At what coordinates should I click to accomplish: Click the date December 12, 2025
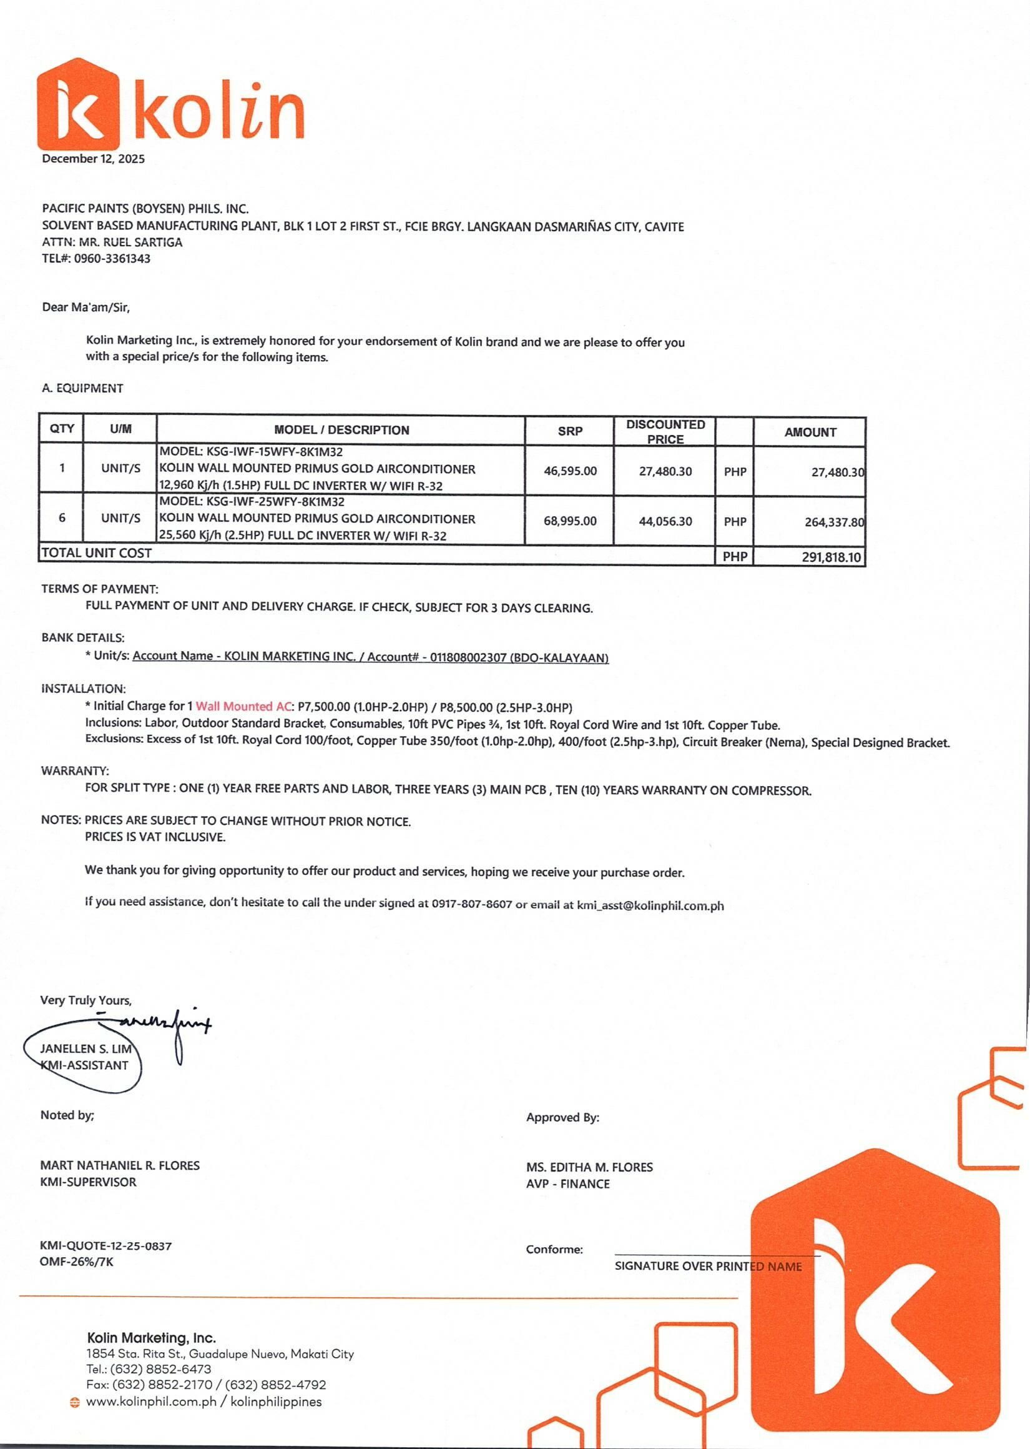[x=93, y=159]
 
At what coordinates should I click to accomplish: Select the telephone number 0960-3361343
[x=112, y=258]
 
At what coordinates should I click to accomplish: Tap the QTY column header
[x=62, y=429]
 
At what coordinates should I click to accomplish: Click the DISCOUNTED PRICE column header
[x=665, y=432]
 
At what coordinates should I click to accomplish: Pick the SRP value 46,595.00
[x=569, y=471]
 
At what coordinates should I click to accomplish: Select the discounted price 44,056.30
[x=665, y=521]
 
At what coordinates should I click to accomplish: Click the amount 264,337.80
[x=833, y=522]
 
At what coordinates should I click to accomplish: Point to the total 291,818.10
[x=831, y=557]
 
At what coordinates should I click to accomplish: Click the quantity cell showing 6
[x=62, y=518]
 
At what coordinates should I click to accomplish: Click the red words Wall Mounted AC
[x=243, y=707]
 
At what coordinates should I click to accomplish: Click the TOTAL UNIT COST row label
[x=96, y=553]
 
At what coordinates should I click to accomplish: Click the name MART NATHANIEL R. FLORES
[x=120, y=1165]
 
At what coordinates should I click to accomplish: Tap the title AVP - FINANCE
[x=567, y=1183]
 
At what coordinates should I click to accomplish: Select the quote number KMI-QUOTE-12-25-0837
[x=105, y=1246]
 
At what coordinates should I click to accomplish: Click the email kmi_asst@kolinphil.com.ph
[x=650, y=906]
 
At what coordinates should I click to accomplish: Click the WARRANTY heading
[x=75, y=771]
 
